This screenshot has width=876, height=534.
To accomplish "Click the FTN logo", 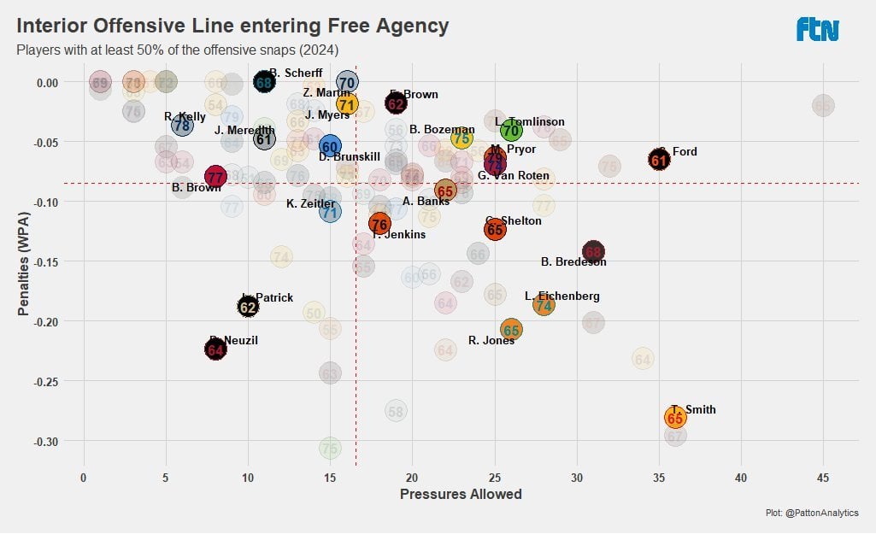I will (818, 30).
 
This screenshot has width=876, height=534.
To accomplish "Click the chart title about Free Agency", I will (232, 26).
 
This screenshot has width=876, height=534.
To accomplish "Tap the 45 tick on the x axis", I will (822, 477).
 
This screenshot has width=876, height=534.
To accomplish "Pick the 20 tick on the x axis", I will (412, 477).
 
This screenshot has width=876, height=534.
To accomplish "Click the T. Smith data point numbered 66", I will (675, 418).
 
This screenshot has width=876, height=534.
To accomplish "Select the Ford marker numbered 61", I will (659, 160).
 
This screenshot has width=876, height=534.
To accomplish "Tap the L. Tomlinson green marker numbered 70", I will (511, 131).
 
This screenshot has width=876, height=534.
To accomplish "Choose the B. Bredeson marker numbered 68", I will (593, 251).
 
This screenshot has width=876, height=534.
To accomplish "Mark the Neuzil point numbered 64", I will (215, 349).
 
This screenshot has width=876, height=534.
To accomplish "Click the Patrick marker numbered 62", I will (248, 306).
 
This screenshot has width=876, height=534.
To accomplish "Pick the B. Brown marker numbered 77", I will (215, 178).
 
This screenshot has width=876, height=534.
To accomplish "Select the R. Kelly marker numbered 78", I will (182, 126).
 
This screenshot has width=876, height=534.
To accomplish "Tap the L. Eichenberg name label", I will (561, 296).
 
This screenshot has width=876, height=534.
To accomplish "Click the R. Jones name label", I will (491, 340).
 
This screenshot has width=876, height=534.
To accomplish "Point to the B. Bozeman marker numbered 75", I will (462, 138).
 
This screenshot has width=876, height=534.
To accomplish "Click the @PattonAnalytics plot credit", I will (812, 513).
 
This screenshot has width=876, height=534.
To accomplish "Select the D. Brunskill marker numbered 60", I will (330, 146).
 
